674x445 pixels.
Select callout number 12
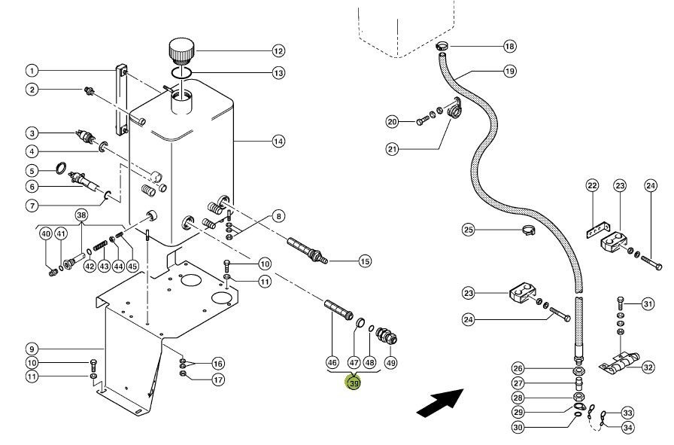point(278,51)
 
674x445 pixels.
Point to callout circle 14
point(278,141)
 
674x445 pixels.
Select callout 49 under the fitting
point(390,362)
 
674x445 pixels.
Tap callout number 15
point(365,262)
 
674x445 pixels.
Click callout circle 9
point(31,349)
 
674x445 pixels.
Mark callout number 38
point(81,215)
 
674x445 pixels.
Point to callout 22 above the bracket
point(592,186)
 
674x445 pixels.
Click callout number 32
point(648,367)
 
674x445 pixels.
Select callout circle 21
point(392,149)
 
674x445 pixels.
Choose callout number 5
point(31,171)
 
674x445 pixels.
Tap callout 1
point(31,71)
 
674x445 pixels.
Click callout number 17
point(217,380)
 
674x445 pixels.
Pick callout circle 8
point(278,216)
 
